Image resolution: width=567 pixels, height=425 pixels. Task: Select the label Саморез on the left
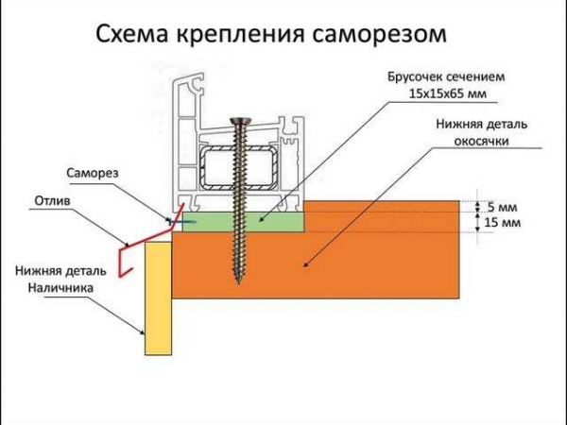tap(92, 174)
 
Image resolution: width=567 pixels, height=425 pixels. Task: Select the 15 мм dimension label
tap(497, 223)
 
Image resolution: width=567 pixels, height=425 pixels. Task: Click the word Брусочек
tap(414, 76)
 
